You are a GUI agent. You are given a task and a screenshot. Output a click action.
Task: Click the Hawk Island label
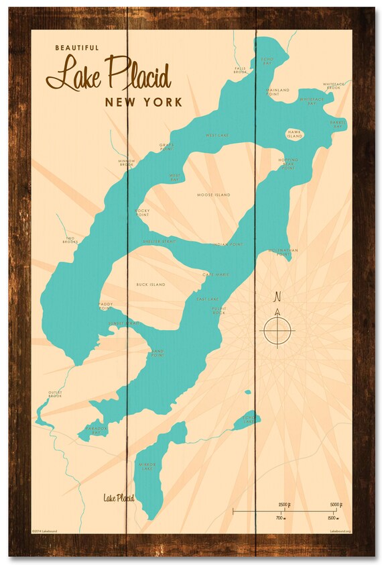click(294, 134)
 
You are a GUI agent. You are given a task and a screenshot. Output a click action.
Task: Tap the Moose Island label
click(213, 195)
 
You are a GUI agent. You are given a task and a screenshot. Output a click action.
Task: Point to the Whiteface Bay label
click(312, 101)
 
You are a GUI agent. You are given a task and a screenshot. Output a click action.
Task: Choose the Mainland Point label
click(277, 91)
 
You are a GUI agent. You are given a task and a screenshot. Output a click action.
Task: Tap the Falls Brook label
click(241, 70)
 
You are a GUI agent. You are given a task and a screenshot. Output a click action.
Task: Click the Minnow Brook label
click(127, 162)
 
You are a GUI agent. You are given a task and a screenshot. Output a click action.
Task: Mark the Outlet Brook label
click(55, 395)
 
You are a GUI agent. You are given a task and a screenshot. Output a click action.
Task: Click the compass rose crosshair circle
click(277, 331)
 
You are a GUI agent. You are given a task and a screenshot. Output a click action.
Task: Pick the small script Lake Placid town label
click(119, 498)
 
